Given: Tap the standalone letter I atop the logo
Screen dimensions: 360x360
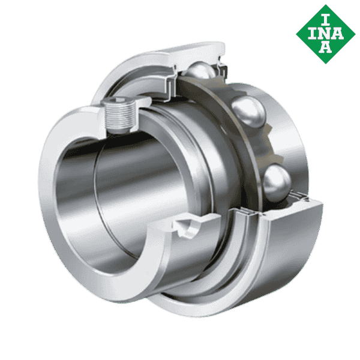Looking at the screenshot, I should [x=325, y=15].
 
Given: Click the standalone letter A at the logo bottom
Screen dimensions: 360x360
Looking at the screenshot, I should [x=325, y=49].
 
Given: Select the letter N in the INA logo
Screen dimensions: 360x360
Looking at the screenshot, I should [x=325, y=32].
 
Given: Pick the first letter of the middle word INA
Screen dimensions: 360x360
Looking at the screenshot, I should [x=313, y=32].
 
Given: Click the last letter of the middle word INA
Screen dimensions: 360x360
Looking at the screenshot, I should [x=337, y=32].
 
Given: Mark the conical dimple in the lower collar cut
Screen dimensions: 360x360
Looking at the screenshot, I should [x=191, y=227].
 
